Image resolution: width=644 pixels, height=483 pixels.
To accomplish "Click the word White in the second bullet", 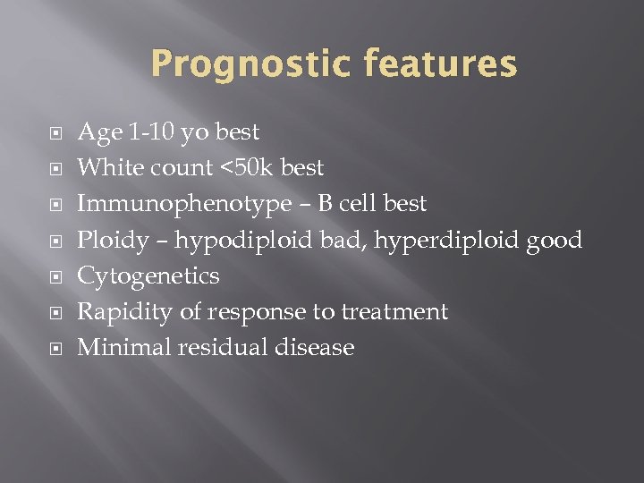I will pyautogui.click(x=107, y=168).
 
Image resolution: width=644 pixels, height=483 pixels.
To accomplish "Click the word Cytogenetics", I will pyautogui.click(x=148, y=276).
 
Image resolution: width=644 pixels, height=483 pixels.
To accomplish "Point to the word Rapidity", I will pyautogui.click(x=121, y=312).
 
